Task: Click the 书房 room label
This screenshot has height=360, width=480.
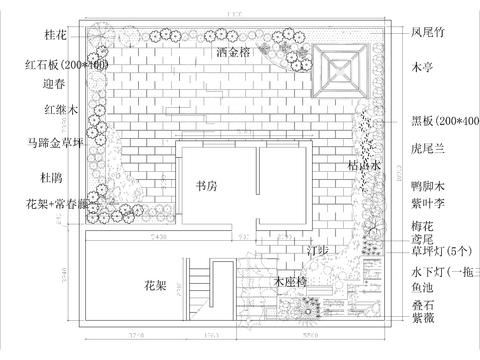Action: click(x=207, y=186)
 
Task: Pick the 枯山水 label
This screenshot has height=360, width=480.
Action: click(x=364, y=166)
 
